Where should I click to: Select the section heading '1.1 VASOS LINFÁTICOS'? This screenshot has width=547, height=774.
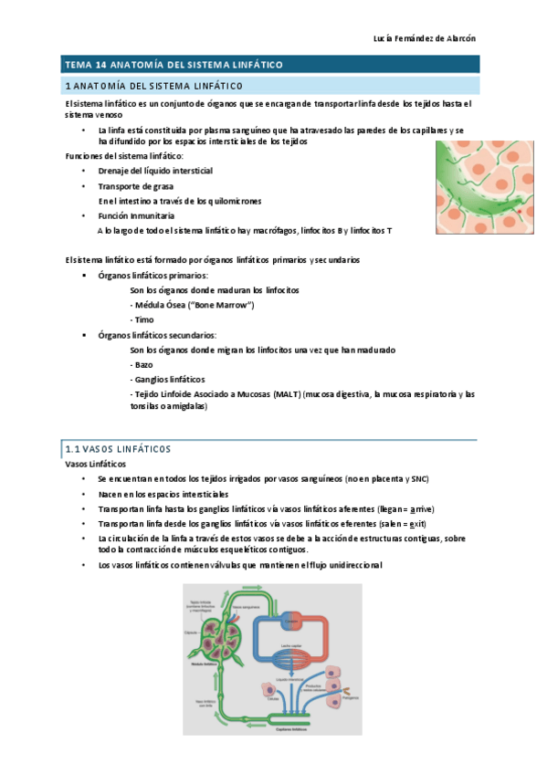tap(119, 450)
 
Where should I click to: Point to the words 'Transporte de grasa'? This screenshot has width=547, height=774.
tap(137, 186)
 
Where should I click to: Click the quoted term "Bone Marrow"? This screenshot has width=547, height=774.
tap(222, 305)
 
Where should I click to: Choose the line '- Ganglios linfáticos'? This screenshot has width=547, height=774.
tap(168, 379)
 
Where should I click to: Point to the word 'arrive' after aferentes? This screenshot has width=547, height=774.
tap(422, 508)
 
